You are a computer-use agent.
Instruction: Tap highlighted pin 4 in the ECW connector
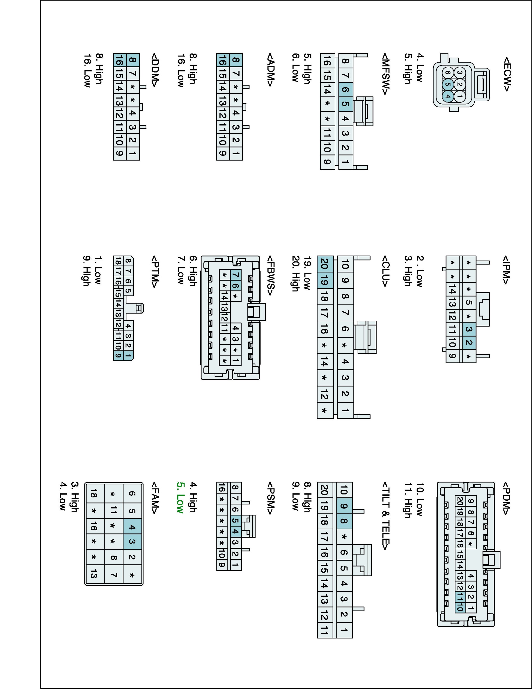click(448, 96)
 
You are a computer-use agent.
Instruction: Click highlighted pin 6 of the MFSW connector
click(345, 90)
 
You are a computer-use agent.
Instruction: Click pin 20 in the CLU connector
click(325, 263)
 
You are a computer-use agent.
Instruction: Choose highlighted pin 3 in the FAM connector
click(132, 542)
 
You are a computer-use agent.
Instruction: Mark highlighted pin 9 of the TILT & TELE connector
click(344, 506)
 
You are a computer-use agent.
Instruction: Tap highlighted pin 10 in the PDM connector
click(460, 608)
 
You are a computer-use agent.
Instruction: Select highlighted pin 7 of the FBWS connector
click(236, 275)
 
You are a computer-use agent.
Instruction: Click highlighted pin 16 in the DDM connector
click(119, 60)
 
